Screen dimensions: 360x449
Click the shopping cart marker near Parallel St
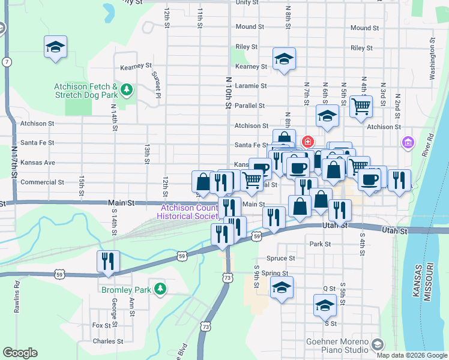[361, 107]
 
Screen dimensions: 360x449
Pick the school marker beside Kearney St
[284, 59]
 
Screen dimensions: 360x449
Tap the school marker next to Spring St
[282, 287]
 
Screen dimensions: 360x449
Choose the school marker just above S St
[325, 305]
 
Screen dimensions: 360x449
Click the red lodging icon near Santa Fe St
[308, 142]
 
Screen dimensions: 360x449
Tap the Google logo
[20, 353]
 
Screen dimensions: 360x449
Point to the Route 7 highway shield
[6, 62]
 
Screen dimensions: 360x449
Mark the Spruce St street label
[281, 259]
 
